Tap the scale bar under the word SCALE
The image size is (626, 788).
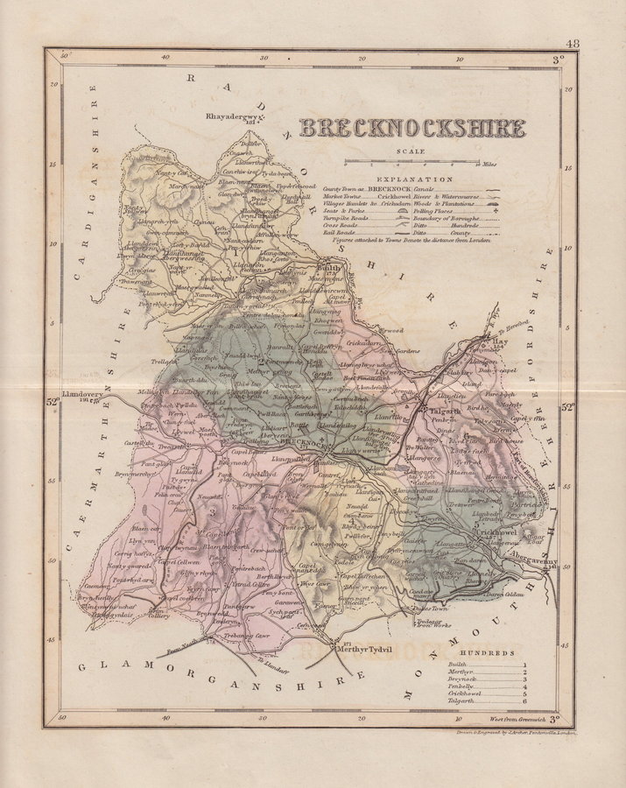click(411, 162)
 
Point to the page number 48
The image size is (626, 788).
click(573, 44)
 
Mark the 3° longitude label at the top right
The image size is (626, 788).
click(557, 61)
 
